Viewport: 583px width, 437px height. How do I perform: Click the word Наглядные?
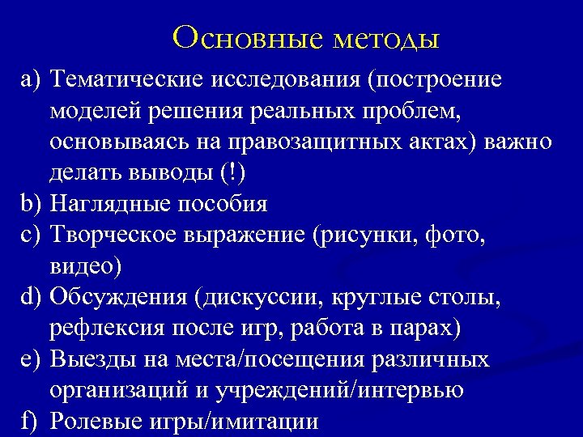(105, 204)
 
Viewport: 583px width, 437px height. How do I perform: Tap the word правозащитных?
(352, 142)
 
